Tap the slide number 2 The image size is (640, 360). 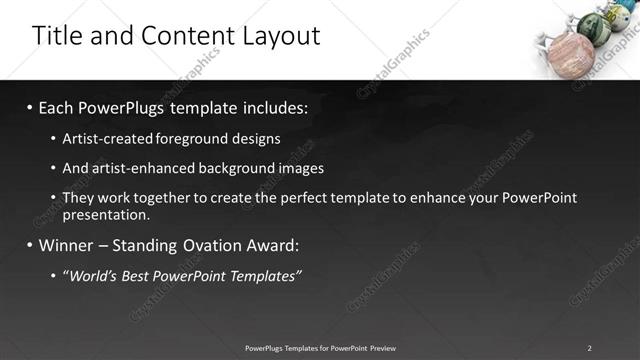click(589, 347)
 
